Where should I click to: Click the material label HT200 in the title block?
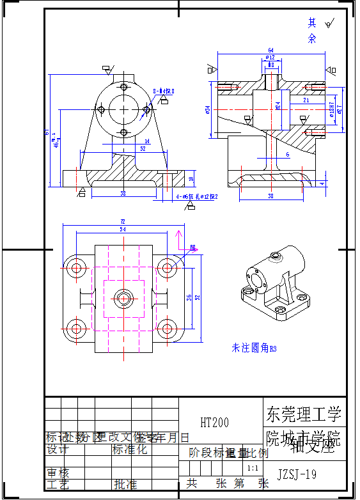pos(214,423)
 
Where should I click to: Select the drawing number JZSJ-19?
pos(297,474)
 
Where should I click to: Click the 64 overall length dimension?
pos(270,50)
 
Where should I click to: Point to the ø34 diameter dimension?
pos(208,109)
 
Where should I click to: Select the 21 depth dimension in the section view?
pos(306,100)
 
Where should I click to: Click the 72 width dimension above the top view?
pos(123,222)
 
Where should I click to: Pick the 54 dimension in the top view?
pos(123,229)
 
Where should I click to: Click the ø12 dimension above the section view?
pos(270,58)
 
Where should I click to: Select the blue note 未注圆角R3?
pos(254,348)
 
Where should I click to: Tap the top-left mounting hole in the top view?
pos(77,267)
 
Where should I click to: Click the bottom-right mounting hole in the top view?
pos(166,329)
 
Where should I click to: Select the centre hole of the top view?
pos(121,298)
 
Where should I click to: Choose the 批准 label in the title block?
pos(125,484)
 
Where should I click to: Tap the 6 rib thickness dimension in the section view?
pos(288,155)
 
